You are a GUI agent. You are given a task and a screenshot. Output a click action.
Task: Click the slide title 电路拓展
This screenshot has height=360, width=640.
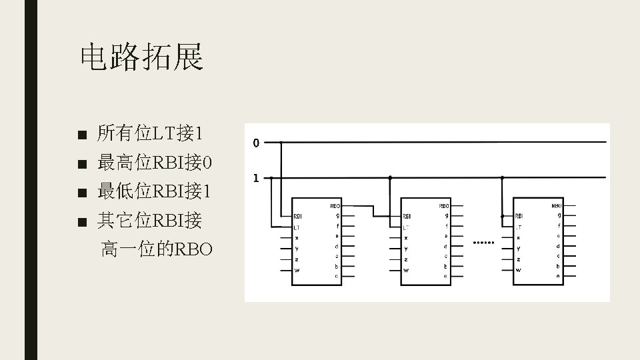coord(141,57)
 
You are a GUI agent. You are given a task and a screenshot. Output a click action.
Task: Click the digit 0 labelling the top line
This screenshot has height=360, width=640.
coord(256,143)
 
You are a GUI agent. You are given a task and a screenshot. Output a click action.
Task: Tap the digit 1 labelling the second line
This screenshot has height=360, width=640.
coord(256,178)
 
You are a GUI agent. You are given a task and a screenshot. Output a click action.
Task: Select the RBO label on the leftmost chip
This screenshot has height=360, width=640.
coord(335,207)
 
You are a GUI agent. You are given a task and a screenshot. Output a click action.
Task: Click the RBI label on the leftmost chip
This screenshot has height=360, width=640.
coord(297,216)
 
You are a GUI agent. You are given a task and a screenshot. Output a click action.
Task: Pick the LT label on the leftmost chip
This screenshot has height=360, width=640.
coord(297,227)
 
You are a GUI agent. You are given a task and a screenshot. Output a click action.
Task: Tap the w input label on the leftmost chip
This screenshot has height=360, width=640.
coord(297,270)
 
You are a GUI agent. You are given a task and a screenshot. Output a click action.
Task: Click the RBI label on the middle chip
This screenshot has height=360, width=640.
coord(406,216)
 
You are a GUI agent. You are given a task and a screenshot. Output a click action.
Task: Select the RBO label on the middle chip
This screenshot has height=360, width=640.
coord(444,207)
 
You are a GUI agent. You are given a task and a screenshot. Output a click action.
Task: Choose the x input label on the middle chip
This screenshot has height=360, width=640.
coord(405,238)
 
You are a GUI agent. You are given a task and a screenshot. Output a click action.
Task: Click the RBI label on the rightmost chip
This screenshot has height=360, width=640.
coord(519,216)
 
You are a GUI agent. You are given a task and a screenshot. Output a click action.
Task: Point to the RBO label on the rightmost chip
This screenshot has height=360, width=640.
coord(557,207)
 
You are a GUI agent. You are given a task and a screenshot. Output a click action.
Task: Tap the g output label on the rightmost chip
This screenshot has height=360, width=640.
coord(559,215)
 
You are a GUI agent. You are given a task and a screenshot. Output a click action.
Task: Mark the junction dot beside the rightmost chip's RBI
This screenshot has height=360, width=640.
coord(502,216)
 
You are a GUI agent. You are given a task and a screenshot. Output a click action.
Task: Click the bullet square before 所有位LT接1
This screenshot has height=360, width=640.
coord(82,135)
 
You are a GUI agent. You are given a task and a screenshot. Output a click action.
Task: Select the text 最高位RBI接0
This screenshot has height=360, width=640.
coord(155,163)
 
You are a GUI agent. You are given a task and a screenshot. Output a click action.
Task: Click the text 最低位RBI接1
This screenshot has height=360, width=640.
coord(155,192)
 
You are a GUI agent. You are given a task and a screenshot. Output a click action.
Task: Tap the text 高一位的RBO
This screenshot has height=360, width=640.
coord(157,250)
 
